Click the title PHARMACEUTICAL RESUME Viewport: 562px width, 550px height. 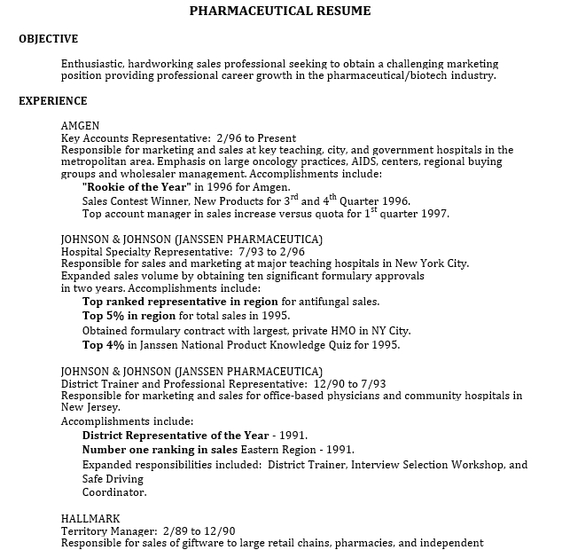pos(280,12)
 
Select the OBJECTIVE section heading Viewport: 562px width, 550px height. pos(48,39)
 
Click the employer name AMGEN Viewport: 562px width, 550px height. pos(80,125)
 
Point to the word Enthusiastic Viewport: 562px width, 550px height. pos(93,64)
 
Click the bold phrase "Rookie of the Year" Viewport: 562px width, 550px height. pos(136,187)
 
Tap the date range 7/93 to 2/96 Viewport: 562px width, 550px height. pos(265,252)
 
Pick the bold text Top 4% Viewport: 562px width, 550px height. pos(103,344)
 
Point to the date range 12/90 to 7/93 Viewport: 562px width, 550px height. pos(348,383)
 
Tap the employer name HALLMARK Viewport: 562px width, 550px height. pos(90,517)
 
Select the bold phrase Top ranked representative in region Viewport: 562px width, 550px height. pos(180,302)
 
